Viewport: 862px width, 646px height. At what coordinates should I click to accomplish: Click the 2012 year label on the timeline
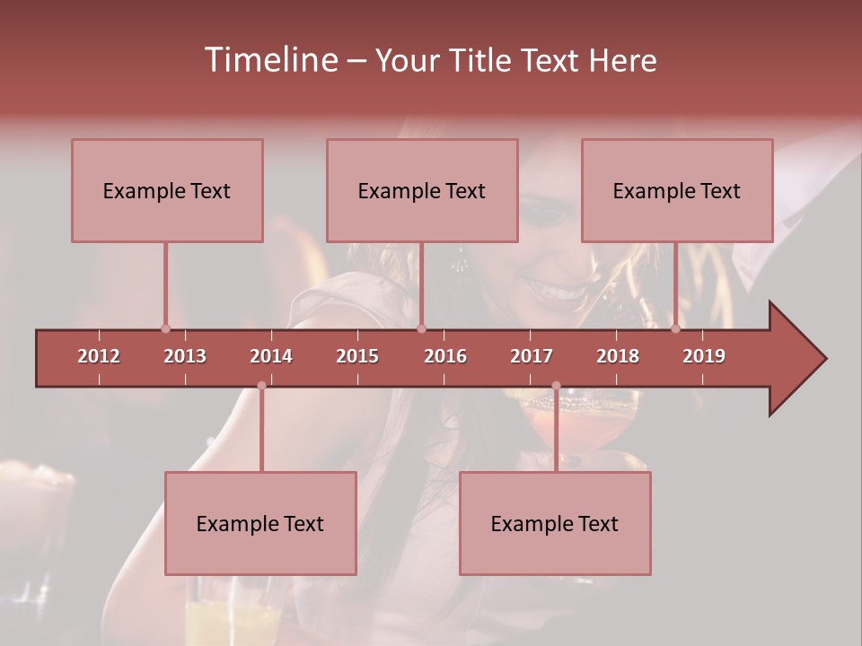[99, 356]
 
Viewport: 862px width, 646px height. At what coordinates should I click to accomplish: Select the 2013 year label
[185, 356]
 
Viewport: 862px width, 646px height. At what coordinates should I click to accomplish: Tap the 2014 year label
[271, 356]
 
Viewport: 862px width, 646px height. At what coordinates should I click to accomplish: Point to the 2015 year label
[357, 356]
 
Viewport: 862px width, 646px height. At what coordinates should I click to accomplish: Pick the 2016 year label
[445, 356]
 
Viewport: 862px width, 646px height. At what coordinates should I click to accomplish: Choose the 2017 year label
[532, 356]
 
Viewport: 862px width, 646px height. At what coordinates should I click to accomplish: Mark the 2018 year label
[618, 356]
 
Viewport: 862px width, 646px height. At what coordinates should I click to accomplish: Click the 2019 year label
[704, 356]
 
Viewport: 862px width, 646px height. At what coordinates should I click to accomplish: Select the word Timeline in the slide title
[269, 60]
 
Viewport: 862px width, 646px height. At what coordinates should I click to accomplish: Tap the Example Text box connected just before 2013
[167, 191]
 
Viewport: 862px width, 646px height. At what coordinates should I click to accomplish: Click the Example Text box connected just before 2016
[422, 191]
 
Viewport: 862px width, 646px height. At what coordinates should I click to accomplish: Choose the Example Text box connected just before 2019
[677, 191]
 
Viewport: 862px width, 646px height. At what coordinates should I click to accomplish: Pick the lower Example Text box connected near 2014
[260, 524]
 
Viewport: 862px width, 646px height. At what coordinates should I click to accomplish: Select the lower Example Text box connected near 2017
[555, 524]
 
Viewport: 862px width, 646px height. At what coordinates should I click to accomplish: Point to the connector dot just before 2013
[165, 329]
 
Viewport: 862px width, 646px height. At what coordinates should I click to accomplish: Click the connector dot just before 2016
[422, 329]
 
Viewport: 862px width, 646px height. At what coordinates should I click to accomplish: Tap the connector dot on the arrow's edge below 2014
[261, 386]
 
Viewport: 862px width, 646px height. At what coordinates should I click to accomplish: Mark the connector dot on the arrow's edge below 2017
[556, 386]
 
